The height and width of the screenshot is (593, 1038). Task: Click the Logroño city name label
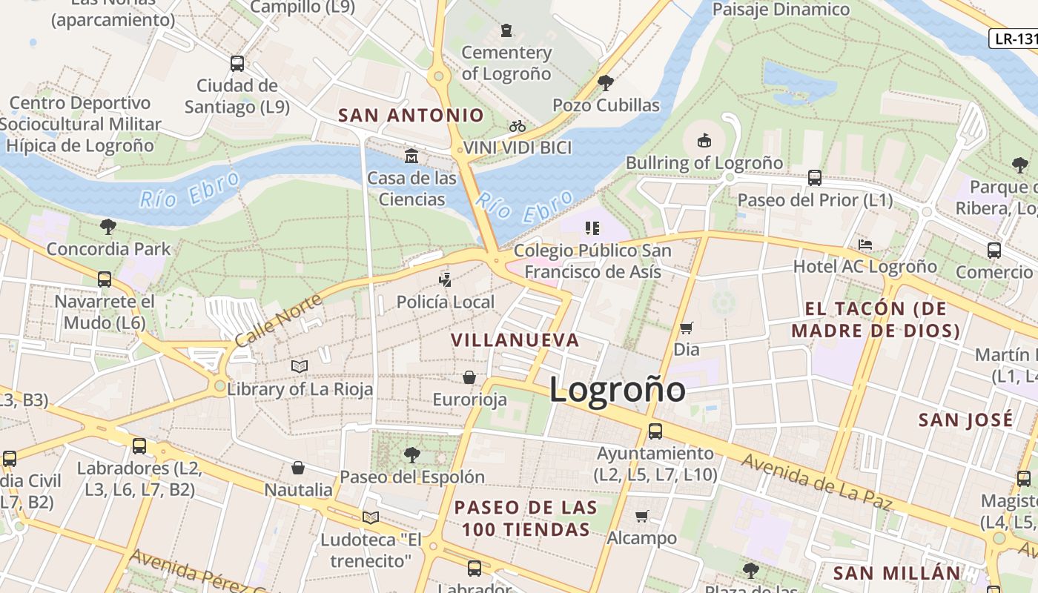(617, 390)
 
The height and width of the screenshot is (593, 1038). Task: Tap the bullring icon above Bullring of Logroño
(704, 140)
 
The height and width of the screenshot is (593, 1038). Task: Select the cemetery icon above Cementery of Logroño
(506, 30)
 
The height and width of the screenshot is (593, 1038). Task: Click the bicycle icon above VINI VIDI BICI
(518, 127)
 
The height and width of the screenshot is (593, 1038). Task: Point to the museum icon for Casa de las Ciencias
(411, 156)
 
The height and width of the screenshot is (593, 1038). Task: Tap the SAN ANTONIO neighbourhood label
(411, 116)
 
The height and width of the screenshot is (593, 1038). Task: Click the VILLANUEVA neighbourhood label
(515, 340)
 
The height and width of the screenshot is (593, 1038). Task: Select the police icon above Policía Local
(445, 280)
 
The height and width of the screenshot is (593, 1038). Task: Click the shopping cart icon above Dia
(687, 328)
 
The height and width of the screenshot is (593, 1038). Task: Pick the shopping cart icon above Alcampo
(642, 516)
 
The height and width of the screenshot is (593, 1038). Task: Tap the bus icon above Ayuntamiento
(655, 431)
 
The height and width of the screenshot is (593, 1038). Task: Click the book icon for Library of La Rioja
(300, 367)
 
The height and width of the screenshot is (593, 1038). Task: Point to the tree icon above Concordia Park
(108, 226)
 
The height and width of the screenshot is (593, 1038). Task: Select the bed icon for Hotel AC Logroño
(865, 245)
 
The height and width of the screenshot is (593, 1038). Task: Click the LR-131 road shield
(1014, 39)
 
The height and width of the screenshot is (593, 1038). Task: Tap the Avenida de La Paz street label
(816, 483)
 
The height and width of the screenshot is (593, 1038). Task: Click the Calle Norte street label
(279, 320)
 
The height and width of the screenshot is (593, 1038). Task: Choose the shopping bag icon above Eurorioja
(469, 378)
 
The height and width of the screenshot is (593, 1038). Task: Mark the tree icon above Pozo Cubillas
(605, 82)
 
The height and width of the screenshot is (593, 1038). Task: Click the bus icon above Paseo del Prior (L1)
(814, 178)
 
